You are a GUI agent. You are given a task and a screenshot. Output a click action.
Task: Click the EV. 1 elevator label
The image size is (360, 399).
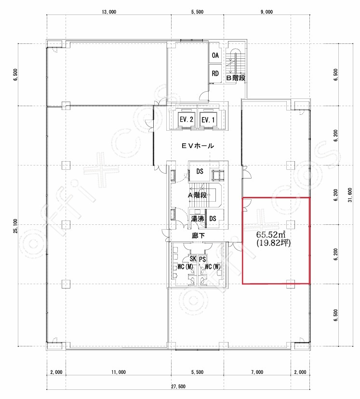pos(208,120)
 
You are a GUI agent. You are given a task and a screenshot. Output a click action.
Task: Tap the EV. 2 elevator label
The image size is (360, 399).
pos(187,119)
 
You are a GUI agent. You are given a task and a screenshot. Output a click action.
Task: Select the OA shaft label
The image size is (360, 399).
pos(215,55)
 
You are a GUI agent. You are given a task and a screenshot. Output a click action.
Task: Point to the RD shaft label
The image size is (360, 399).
pos(215,73)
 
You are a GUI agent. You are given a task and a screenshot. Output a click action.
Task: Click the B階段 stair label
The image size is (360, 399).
pos(236,78)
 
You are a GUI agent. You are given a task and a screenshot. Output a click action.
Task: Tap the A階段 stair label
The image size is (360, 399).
pos(197,195)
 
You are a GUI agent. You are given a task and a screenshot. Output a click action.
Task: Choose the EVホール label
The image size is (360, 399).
pos(198,146)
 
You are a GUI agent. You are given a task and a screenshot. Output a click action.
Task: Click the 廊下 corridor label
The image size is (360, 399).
pos(198,236)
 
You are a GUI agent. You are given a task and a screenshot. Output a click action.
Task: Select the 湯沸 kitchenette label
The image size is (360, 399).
pos(197,219)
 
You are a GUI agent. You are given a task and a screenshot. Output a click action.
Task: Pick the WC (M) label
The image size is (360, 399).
pos(185,267)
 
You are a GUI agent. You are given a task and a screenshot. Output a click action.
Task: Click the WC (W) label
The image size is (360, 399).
pos(213,267)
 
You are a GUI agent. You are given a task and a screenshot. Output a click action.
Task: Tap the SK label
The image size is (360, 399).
pos(193,259)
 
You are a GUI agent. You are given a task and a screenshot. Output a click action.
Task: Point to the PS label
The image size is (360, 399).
pos(202,259)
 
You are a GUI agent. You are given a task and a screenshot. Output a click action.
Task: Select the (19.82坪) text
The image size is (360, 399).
pos(273,243)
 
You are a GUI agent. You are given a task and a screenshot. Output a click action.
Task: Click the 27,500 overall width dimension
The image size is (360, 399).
pos(178,386)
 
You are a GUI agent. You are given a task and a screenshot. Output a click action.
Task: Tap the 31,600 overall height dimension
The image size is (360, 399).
pos(350,195)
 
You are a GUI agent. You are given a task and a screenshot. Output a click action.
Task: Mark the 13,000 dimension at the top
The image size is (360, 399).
pos(109,12)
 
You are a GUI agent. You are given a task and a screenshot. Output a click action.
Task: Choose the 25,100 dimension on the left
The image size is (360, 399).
pos(16,226)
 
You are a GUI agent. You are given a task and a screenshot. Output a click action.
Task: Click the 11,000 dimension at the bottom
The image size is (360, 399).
pos(119,372)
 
